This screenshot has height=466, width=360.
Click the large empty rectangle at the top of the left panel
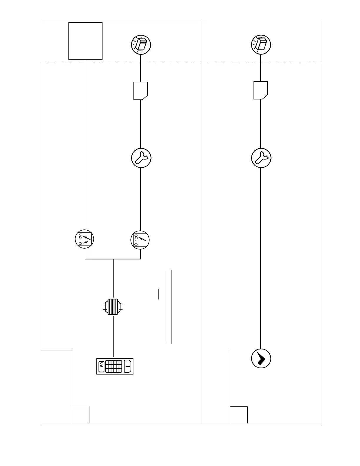pos(85,41)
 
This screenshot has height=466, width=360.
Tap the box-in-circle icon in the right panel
pos(261,45)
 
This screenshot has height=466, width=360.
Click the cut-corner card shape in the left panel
pos(141,91)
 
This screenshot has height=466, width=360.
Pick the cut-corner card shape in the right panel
pos(261,90)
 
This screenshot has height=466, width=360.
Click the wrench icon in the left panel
pos(141,158)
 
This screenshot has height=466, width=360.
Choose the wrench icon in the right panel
pos(261,158)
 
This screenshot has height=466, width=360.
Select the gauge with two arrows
pos(84,239)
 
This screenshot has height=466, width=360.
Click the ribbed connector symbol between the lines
pos(113,307)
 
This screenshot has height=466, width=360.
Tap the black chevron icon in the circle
pos(261,359)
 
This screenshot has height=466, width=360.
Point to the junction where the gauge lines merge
pos(114,259)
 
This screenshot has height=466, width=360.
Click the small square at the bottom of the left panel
pos(81,415)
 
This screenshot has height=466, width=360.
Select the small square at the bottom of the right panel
pos(239,415)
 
